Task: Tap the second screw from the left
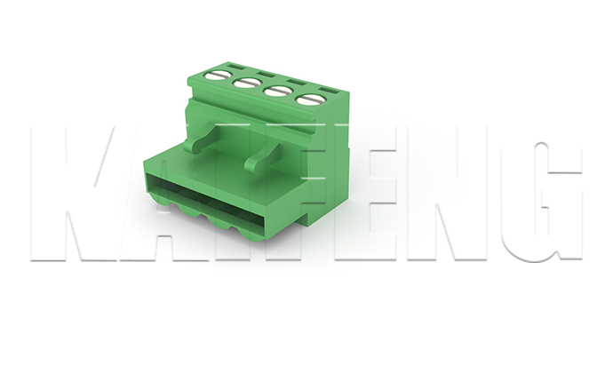[x=248, y=84]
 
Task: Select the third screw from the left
[x=278, y=91]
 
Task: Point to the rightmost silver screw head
[x=311, y=99]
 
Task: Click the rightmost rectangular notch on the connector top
[x=329, y=92]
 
